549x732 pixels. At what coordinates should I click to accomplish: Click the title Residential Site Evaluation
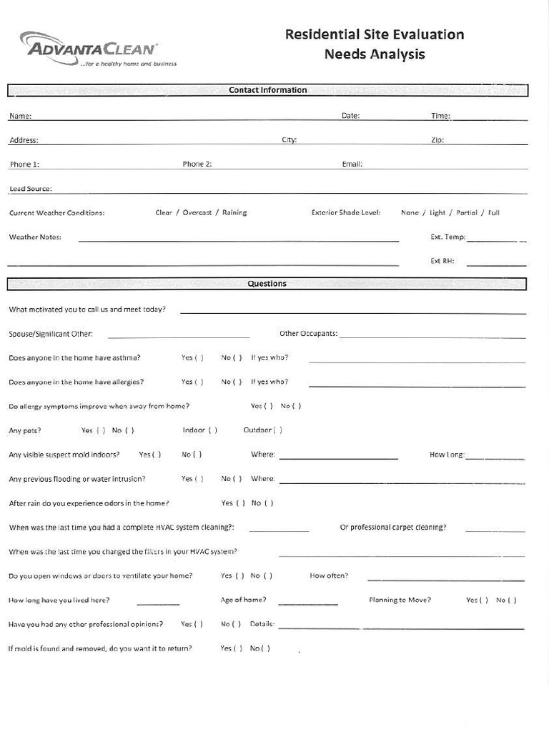tap(375, 34)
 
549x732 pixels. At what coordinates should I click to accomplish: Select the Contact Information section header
tap(267, 90)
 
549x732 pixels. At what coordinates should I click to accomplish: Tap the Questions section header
tap(267, 284)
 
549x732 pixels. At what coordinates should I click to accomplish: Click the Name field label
tap(20, 116)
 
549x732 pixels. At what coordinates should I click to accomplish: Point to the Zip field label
tap(437, 140)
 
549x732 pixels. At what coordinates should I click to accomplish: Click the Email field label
tap(352, 164)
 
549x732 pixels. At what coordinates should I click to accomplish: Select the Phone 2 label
tap(197, 164)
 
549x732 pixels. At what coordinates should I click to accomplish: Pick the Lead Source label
tap(30, 189)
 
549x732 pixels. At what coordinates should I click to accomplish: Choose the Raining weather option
tap(234, 212)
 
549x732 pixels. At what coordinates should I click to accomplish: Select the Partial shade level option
tap(467, 212)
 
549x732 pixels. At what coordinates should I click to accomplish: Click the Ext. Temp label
tap(447, 237)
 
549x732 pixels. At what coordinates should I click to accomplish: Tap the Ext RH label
tap(442, 261)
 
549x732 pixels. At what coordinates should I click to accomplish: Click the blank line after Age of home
tap(308, 603)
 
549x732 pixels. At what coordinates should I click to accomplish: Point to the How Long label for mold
tap(447, 454)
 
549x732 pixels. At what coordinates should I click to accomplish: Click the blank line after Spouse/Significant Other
tap(179, 335)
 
